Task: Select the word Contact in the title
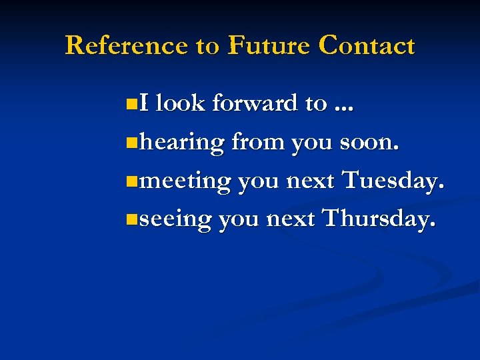point(367,45)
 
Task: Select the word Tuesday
point(392,180)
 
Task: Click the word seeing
point(176,219)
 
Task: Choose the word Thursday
point(380,218)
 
